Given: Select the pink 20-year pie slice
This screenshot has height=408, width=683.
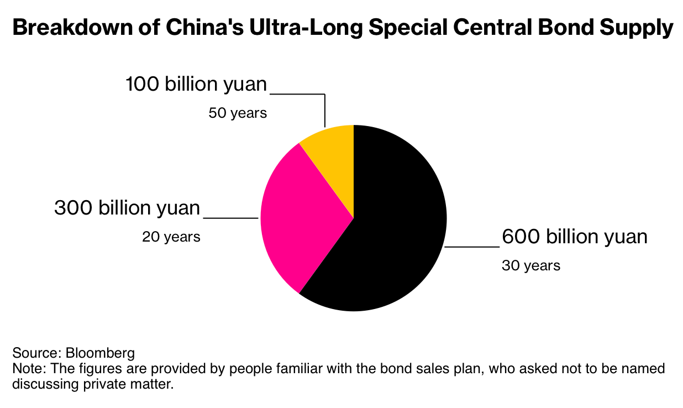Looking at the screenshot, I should (x=301, y=216).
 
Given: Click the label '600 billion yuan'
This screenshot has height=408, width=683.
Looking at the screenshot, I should (x=574, y=237).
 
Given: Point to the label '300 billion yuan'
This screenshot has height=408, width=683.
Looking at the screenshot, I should (x=127, y=208).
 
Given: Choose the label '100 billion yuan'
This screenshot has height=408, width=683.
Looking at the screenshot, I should (x=196, y=85).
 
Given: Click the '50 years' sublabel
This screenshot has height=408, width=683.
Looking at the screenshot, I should (x=238, y=113).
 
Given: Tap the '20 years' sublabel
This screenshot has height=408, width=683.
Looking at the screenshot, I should (x=171, y=237).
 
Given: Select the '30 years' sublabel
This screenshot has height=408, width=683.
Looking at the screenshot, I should (x=530, y=266).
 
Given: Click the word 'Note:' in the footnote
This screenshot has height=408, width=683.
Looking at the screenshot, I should (x=27, y=368).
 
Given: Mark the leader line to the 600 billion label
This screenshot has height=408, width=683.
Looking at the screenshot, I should (x=472, y=247).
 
